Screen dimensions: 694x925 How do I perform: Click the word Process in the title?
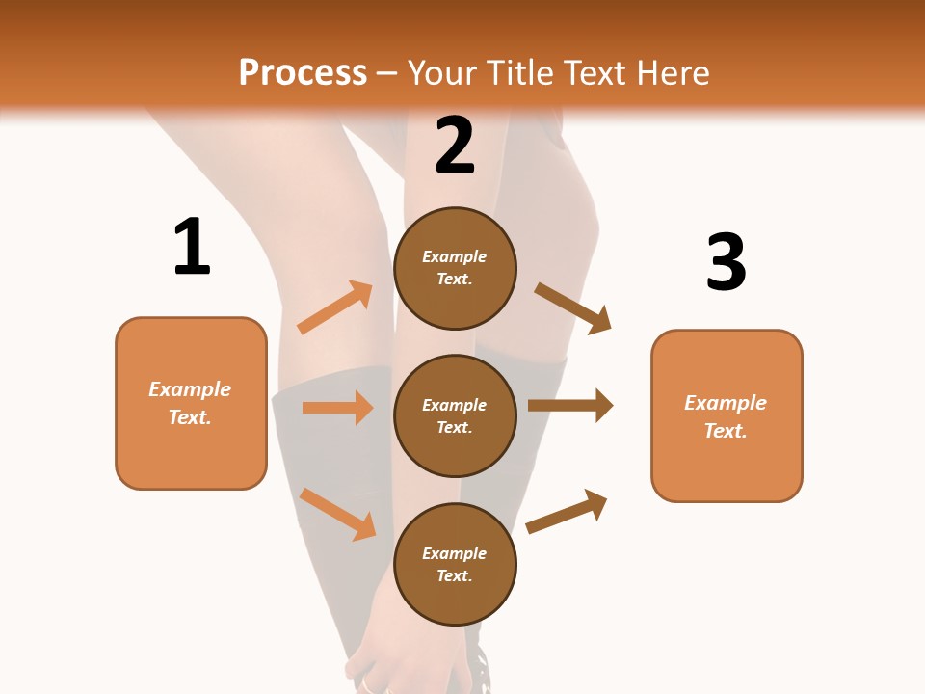[x=303, y=72]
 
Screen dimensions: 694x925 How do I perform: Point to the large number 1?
[x=192, y=247]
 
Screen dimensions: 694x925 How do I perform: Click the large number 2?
[x=455, y=145]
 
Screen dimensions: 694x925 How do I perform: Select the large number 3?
[x=726, y=262]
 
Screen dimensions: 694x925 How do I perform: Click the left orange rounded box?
[x=191, y=403]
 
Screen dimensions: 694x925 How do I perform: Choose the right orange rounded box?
[x=727, y=415]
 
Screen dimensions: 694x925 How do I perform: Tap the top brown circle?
[x=455, y=268]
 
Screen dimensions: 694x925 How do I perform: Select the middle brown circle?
[x=455, y=415]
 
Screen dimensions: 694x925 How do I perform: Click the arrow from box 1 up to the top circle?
[x=335, y=307]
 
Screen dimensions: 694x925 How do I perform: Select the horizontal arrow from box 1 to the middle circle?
[x=337, y=408]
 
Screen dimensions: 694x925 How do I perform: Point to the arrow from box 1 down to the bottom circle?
[x=337, y=514]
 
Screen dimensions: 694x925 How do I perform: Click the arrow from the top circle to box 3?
[x=572, y=307]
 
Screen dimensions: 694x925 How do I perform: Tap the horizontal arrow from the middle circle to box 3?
[x=570, y=406]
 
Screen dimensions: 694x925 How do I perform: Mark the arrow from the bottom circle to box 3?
[x=567, y=511]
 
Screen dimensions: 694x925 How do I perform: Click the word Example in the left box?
[x=190, y=389]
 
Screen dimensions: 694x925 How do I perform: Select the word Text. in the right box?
[x=726, y=431]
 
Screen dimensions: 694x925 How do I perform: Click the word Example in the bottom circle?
[x=455, y=553]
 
